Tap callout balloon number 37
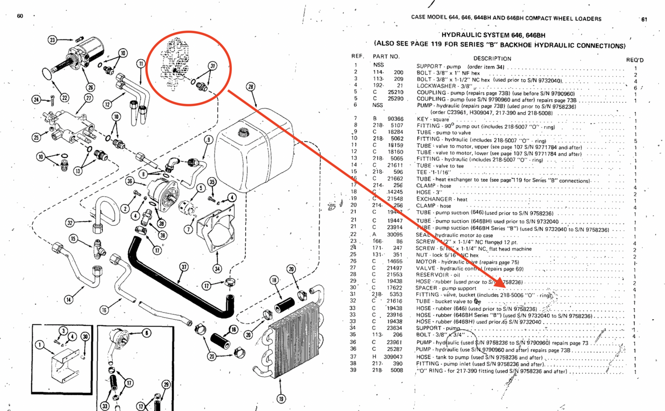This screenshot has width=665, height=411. pyautogui.click(x=183, y=267)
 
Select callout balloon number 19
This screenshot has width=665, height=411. pyautogui.click(x=281, y=399)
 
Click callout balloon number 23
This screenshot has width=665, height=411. pyautogui.click(x=53, y=39)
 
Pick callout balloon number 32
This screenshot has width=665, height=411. pyautogui.click(x=70, y=223)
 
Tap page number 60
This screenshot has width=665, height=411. pyautogui.click(x=20, y=16)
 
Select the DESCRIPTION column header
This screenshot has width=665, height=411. pyautogui.click(x=492, y=59)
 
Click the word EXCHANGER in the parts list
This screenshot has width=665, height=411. pyautogui.click(x=434, y=199)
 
